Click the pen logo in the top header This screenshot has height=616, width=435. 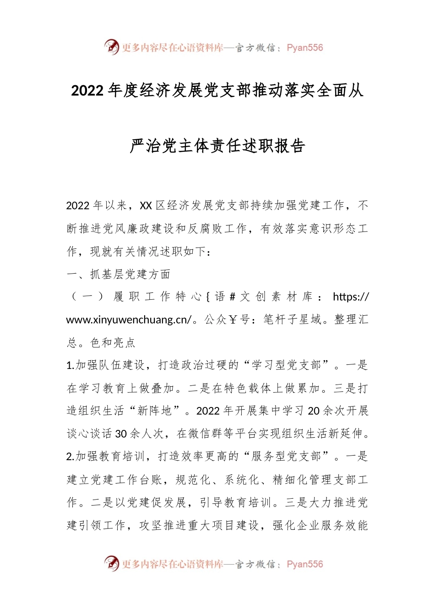(111, 47)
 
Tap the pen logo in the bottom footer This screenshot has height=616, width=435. (111, 563)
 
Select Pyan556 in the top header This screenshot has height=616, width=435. (304, 48)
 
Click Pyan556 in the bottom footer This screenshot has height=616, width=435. (304, 564)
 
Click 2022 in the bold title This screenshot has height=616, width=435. (87, 91)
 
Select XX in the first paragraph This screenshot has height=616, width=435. (146, 205)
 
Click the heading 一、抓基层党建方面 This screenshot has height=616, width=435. (119, 274)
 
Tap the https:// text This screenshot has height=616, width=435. (351, 297)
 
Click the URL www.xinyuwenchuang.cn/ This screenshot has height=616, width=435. (129, 320)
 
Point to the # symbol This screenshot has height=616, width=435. (232, 297)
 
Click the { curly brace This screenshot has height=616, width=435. (207, 297)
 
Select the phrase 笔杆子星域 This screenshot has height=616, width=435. (293, 320)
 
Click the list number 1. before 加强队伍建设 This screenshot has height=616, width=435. (71, 365)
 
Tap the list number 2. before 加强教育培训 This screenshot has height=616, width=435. (71, 456)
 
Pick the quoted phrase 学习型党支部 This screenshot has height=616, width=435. (287, 365)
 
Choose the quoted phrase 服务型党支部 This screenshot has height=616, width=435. (287, 456)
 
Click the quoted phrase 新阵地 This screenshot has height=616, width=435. (154, 411)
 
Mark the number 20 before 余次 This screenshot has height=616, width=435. (314, 411)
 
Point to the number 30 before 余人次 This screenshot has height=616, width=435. (121, 434)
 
